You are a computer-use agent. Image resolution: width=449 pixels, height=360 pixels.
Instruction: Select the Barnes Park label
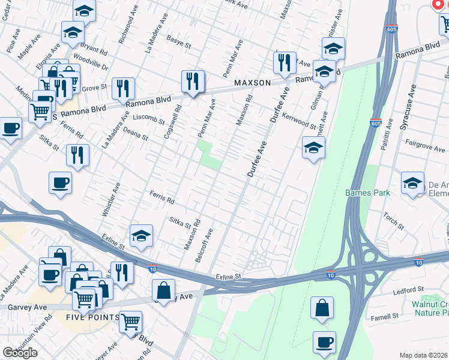point(368,193)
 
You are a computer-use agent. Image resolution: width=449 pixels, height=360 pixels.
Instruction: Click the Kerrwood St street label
point(298,120)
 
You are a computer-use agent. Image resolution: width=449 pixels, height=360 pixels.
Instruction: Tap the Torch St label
point(393,221)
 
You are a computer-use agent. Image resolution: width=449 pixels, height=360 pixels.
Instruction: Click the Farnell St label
point(385,316)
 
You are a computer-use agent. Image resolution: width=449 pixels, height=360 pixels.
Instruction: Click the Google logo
point(20,353)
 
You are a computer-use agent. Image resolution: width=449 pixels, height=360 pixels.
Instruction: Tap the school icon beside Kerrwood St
point(313,147)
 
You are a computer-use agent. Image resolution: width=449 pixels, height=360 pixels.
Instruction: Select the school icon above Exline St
point(141,235)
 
